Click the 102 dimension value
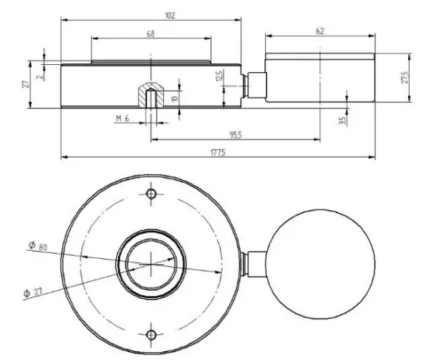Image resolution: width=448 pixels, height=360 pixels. coord(151,15)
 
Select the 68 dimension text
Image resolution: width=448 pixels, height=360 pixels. coord(151,34)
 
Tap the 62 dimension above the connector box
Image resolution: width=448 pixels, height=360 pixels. coord(320,32)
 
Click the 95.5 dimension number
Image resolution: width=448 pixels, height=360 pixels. coord(235,134)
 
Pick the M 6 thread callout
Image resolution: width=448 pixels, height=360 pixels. coord(123,118)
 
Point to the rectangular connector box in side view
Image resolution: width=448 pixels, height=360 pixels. coord(320,76)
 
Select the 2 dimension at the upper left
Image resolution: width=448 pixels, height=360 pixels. coord(39,72)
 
